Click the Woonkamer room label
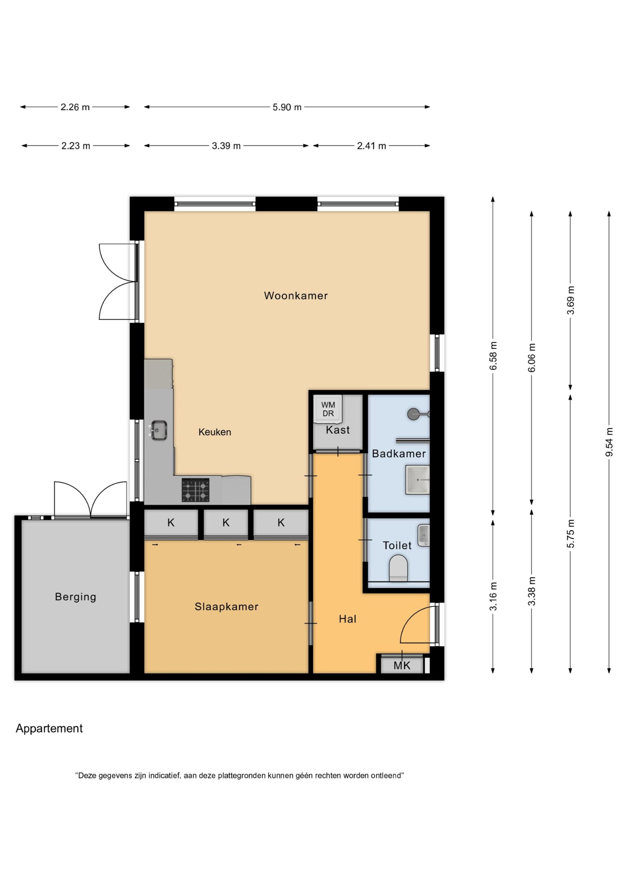click(x=296, y=296)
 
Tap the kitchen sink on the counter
click(x=158, y=430)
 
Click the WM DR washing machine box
click(x=328, y=409)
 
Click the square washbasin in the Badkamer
click(x=417, y=480)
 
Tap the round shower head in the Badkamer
click(x=414, y=414)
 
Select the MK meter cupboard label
click(x=402, y=665)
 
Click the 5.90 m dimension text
click(x=287, y=107)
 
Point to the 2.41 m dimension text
click(x=371, y=146)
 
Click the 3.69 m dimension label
click(x=571, y=300)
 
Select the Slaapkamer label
click(x=227, y=607)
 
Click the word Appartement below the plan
click(x=49, y=729)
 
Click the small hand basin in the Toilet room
click(x=423, y=535)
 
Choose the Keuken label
click(x=214, y=432)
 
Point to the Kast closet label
click(x=338, y=430)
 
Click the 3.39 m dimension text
click(x=226, y=146)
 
